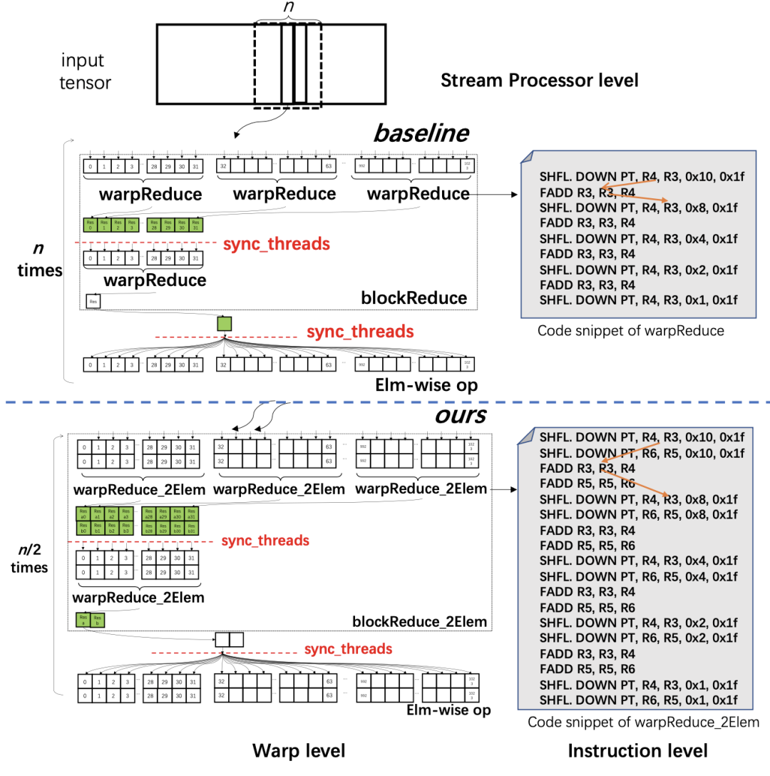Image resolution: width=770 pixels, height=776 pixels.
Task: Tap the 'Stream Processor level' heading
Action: pos(539,80)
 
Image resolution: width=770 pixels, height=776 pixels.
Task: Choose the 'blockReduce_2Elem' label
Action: pos(419,621)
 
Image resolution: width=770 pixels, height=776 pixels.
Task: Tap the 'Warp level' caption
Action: pos(299,750)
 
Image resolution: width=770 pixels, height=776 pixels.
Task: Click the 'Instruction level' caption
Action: pos(637,750)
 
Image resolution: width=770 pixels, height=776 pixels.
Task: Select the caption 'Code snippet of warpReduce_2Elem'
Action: pos(644,723)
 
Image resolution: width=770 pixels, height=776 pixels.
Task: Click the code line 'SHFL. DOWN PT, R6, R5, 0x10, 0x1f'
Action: pos(642,453)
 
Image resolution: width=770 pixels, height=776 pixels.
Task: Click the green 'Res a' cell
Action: pos(83,620)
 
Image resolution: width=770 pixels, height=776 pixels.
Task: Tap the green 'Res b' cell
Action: pos(97,620)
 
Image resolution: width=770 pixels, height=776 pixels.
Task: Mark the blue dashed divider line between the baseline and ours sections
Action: pos(385,402)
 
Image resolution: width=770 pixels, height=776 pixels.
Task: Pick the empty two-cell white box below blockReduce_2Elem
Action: pos(230,639)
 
